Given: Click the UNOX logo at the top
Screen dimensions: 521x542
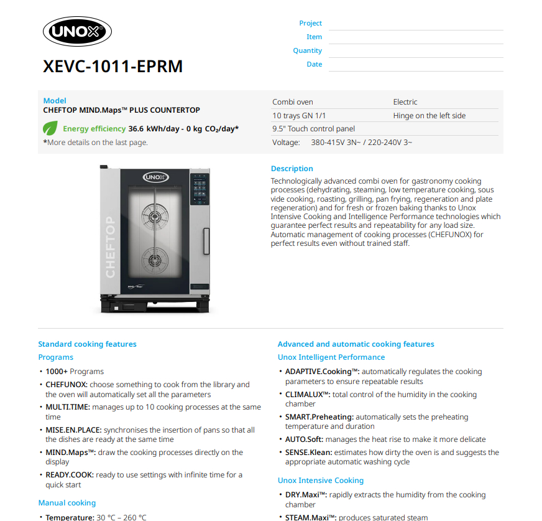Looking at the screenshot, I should pyautogui.click(x=76, y=32).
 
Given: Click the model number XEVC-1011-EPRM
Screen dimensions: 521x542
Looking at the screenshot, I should pyautogui.click(x=113, y=66).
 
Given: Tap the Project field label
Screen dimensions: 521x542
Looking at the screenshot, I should pyautogui.click(x=310, y=23).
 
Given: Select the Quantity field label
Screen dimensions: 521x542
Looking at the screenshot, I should pyautogui.click(x=307, y=50).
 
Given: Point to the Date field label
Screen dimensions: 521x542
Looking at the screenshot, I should pyautogui.click(x=314, y=64).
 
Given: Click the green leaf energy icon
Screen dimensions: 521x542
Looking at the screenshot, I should pyautogui.click(x=50, y=129).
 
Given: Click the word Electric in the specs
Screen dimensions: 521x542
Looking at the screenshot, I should pyautogui.click(x=405, y=101).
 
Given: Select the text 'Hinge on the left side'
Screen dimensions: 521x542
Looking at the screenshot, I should pyautogui.click(x=429, y=115).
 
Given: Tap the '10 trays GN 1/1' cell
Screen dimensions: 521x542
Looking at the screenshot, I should pyautogui.click(x=299, y=115).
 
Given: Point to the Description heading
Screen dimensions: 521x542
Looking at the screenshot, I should pyautogui.click(x=292, y=169).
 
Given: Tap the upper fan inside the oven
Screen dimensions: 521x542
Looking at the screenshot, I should pyautogui.click(x=155, y=212).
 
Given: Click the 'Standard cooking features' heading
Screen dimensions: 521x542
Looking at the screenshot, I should pyautogui.click(x=87, y=344).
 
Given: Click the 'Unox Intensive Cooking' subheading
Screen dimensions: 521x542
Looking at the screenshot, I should pyautogui.click(x=320, y=481).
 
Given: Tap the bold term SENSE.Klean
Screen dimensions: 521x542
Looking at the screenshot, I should pyautogui.click(x=308, y=453).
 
